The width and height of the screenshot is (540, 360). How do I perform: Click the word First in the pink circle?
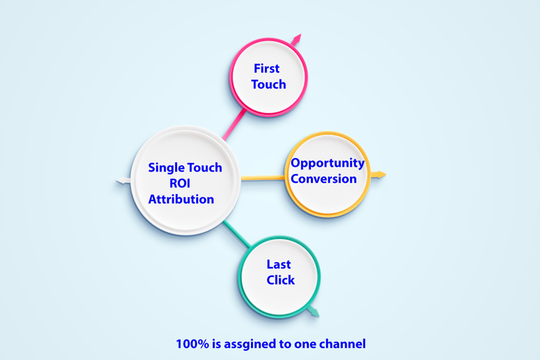(266, 69)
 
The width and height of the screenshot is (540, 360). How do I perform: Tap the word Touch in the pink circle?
(269, 84)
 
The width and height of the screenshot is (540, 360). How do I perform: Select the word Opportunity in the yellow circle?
(328, 163)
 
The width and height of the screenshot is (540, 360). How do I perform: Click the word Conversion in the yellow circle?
(324, 179)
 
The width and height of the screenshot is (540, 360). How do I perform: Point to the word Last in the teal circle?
(278, 264)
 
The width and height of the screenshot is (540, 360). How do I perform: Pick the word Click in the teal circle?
(281, 280)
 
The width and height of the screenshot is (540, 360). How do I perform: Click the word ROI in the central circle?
(180, 184)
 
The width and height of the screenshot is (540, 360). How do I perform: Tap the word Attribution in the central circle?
(181, 199)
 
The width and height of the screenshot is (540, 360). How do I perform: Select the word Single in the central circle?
(166, 167)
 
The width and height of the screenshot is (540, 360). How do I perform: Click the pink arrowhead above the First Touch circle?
(297, 39)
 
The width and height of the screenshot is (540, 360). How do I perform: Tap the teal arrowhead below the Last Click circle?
(314, 311)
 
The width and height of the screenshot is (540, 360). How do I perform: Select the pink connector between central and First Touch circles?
(234, 122)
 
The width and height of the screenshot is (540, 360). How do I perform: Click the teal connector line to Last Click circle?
(237, 234)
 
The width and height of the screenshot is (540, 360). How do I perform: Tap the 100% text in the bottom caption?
(188, 345)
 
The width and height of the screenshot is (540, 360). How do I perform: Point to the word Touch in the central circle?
(205, 167)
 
